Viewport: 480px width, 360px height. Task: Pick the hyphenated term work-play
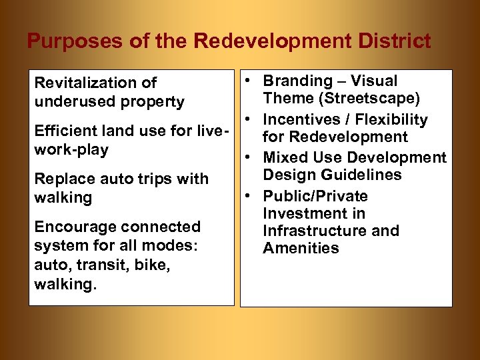point(71,149)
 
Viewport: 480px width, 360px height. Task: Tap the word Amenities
point(301,248)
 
